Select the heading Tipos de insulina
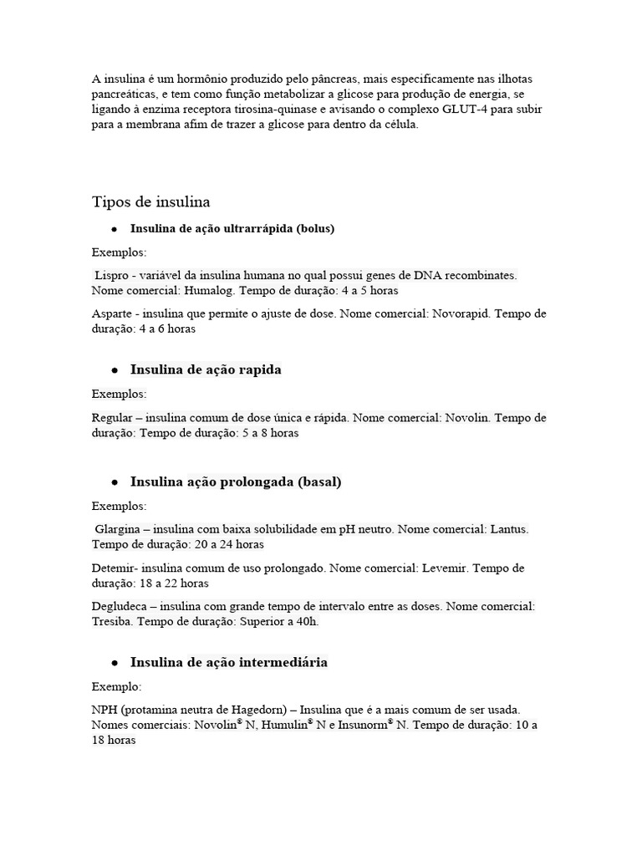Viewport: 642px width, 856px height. tap(150, 202)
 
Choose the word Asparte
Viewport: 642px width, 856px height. tap(112, 313)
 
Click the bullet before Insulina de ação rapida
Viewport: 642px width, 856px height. tap(112, 370)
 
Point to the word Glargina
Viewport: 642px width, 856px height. tap(118, 529)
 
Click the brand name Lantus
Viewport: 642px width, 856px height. tap(509, 529)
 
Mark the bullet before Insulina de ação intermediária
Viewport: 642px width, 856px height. tap(112, 663)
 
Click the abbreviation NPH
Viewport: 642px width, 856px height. tap(104, 710)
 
